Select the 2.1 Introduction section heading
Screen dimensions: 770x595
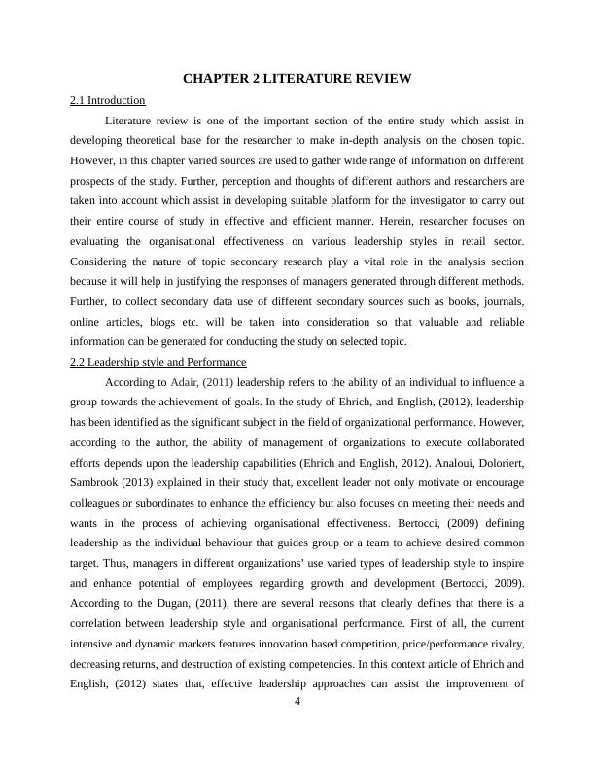(x=108, y=100)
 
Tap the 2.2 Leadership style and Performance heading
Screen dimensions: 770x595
(x=158, y=362)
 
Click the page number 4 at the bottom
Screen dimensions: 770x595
(x=298, y=704)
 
